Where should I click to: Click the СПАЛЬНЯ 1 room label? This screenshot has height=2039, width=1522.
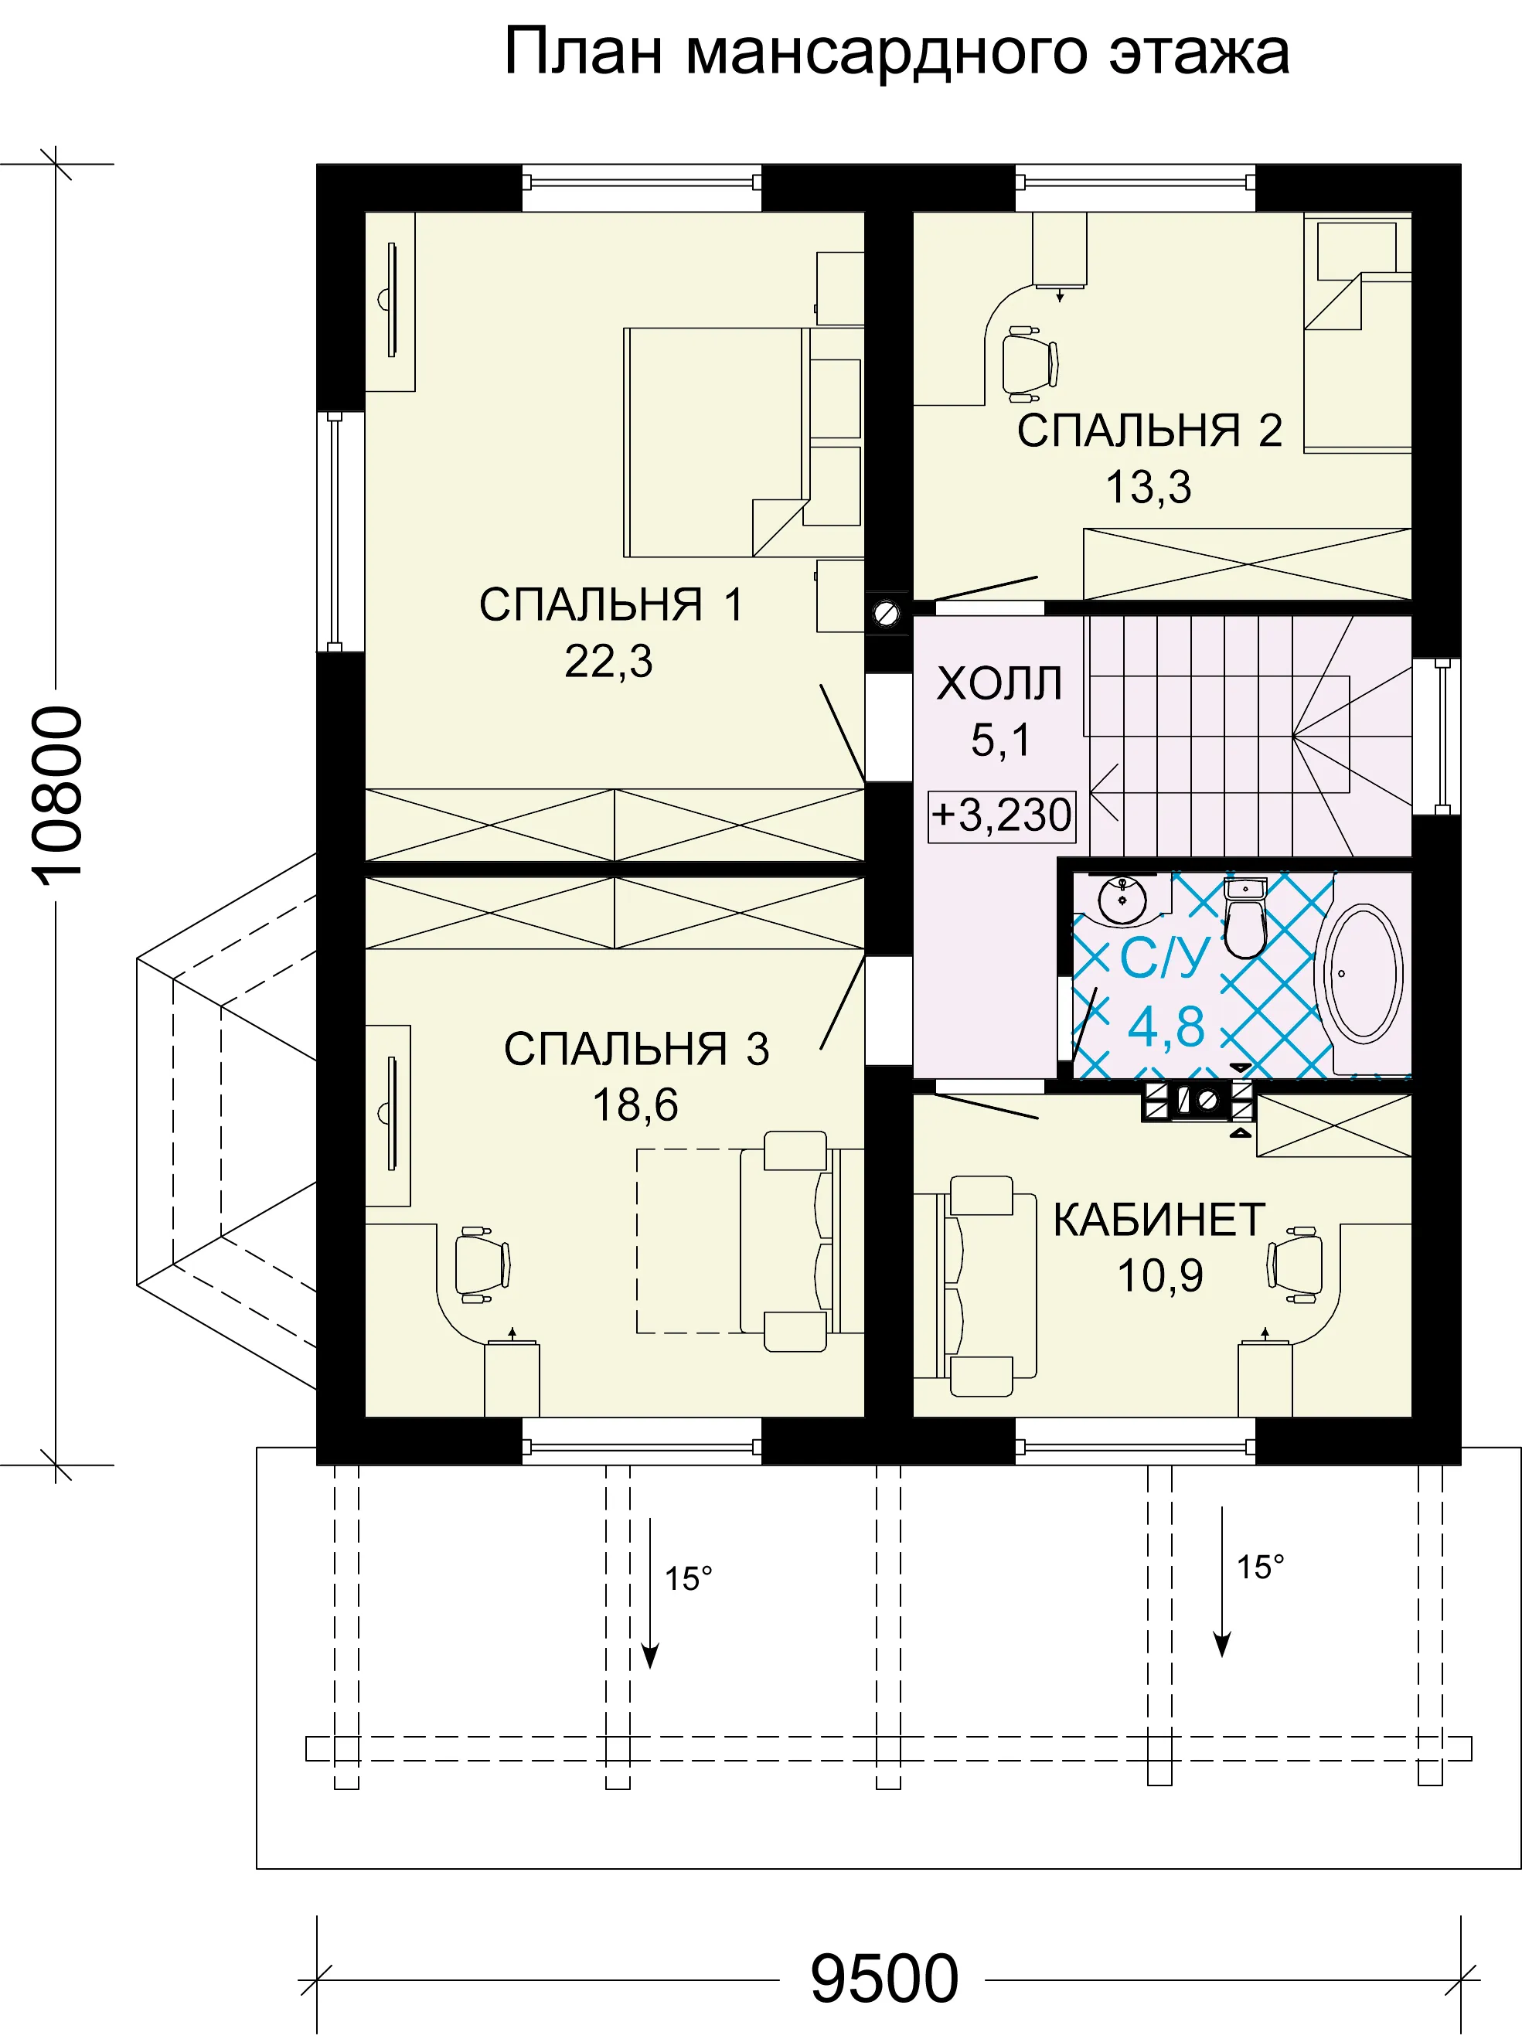[611, 604]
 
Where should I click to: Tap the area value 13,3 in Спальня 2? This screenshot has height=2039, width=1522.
[1148, 486]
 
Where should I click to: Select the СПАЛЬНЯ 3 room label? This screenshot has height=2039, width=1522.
[635, 1049]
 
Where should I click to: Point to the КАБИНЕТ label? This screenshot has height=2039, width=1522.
[1159, 1220]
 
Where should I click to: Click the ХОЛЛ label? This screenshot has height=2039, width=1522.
[999, 683]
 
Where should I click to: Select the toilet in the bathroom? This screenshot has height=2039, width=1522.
[1244, 916]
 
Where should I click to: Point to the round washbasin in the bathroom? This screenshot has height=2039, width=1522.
[1122, 898]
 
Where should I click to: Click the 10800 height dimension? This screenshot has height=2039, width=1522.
[57, 796]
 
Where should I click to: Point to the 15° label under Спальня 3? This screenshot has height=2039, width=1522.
[688, 1579]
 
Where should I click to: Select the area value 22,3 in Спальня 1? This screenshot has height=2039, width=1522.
[608, 661]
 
